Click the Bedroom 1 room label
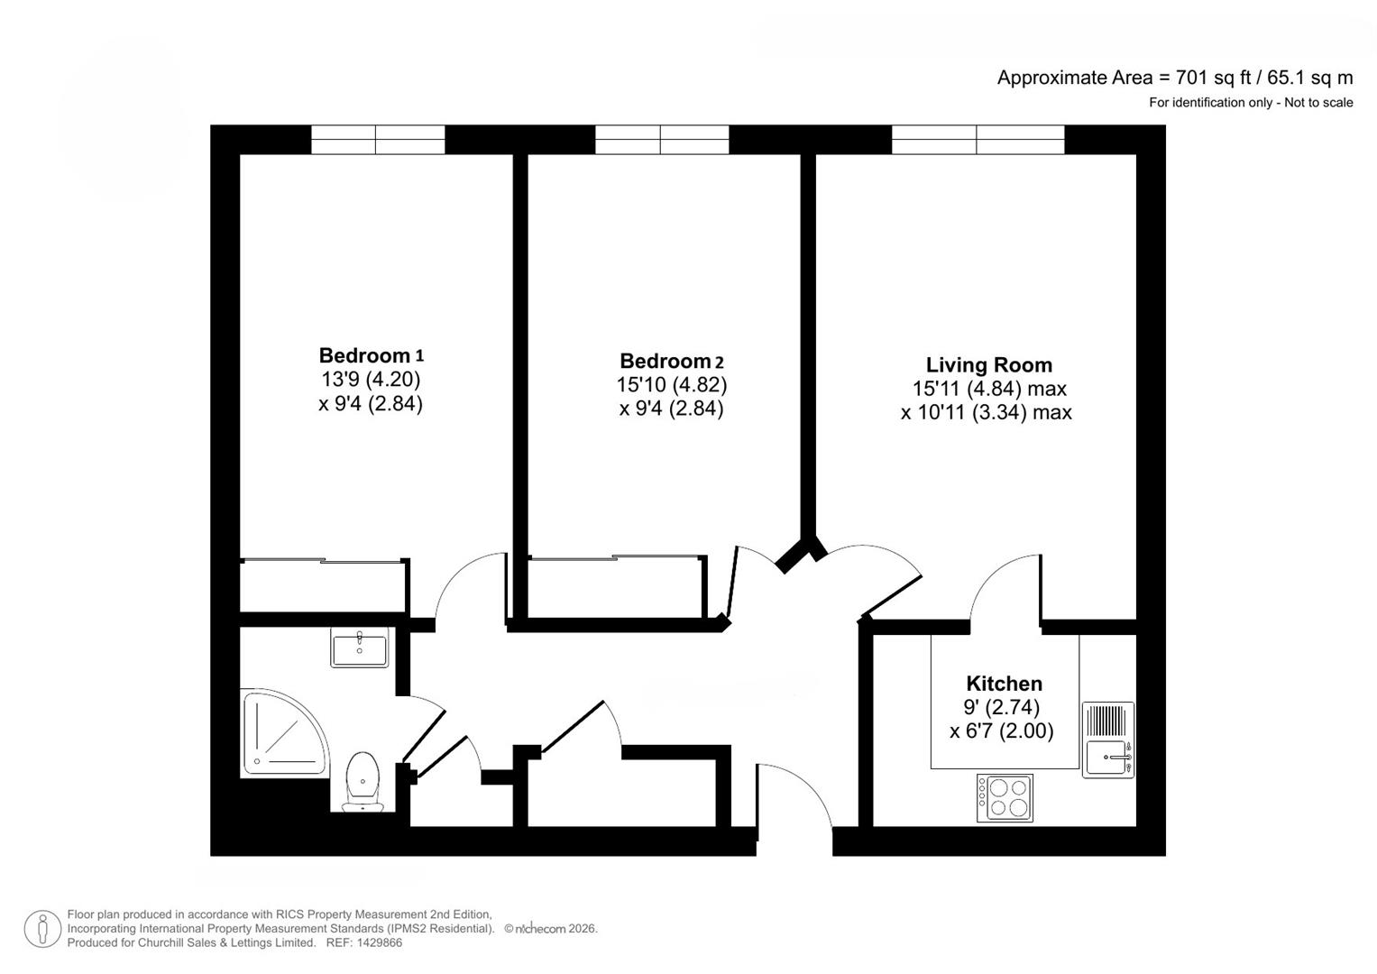point(371,355)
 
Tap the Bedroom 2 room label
point(671,362)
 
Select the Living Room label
point(988,365)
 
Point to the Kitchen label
point(1004,684)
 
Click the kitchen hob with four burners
point(1005,797)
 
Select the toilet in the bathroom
point(363,780)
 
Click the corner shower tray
point(282,732)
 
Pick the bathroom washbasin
point(359,648)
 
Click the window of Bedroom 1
point(378,140)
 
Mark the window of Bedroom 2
point(662,140)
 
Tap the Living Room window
point(978,140)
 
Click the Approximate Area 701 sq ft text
point(1174,78)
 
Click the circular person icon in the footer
point(42,929)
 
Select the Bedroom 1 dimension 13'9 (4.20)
point(371,380)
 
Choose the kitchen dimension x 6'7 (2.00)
point(1001,730)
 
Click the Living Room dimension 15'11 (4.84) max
point(988,389)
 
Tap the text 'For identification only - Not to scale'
point(1250,103)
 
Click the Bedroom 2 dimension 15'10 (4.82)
point(671,385)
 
